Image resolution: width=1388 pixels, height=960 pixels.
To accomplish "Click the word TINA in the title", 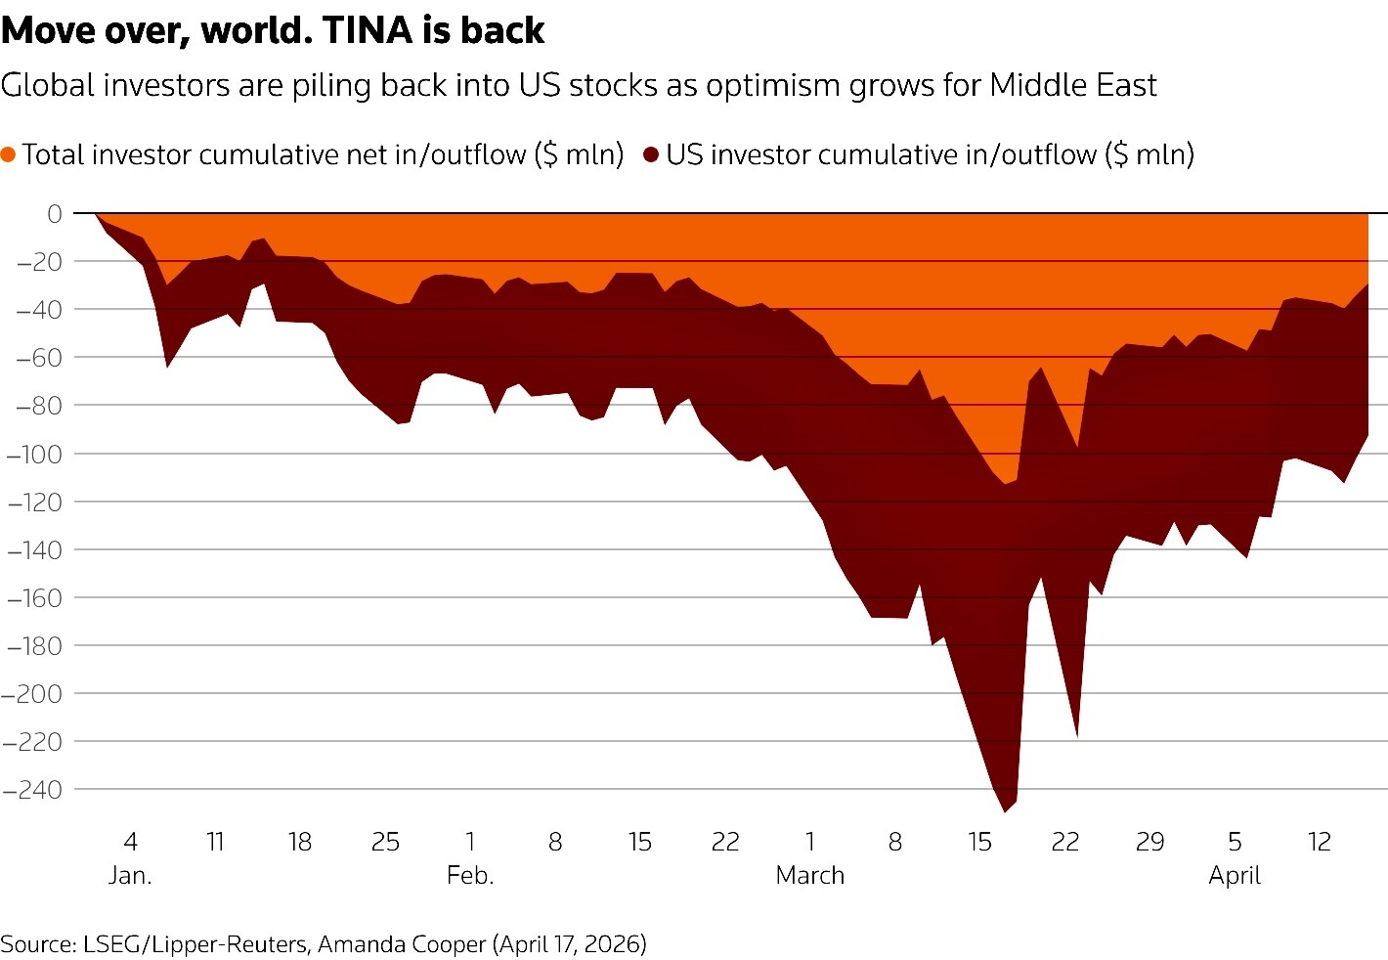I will (x=369, y=31).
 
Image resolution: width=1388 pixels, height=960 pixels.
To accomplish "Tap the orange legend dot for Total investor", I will (x=9, y=154).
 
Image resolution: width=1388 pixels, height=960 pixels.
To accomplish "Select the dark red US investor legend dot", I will (x=651, y=154).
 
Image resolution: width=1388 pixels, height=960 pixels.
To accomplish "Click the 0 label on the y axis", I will (x=54, y=213).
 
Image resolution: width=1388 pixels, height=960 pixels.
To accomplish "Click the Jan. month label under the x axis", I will (x=130, y=875).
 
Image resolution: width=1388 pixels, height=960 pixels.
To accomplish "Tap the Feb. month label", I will (x=470, y=875).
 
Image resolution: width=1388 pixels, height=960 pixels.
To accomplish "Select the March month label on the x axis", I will (x=809, y=875).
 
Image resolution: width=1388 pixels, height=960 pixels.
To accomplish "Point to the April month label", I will (x=1235, y=875).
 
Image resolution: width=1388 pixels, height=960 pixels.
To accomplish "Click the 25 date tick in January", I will (x=385, y=842).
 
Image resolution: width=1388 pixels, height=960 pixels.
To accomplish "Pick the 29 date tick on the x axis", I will (x=1149, y=842).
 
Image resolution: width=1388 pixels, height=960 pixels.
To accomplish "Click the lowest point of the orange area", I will (x=1004, y=483).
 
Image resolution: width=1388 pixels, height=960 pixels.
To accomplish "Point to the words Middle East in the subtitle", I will (x=1072, y=85).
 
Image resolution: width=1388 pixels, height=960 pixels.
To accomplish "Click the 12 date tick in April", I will (x=1320, y=842).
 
